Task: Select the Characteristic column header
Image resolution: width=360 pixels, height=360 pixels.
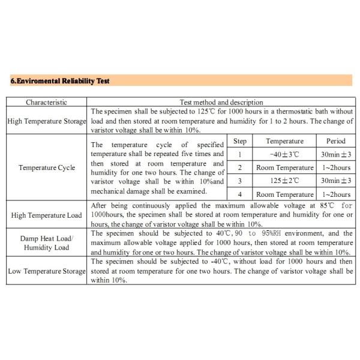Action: click(46, 103)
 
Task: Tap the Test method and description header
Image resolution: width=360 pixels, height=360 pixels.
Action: click(221, 103)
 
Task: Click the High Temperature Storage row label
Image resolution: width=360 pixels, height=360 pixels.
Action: click(47, 121)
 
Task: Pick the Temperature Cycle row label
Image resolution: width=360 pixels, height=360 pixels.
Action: click(47, 167)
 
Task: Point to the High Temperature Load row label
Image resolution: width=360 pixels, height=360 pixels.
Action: click(47, 215)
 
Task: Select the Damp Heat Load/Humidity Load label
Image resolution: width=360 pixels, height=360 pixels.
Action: click(47, 242)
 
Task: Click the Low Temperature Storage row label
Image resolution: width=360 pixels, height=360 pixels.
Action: click(47, 271)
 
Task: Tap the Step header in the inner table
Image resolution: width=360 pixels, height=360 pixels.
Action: click(239, 142)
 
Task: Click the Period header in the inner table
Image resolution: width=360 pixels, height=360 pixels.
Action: click(335, 142)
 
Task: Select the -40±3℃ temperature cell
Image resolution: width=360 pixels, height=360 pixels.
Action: click(284, 154)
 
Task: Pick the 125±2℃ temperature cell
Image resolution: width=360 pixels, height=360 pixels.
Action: click(284, 181)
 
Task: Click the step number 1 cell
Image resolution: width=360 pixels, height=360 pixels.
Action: click(239, 154)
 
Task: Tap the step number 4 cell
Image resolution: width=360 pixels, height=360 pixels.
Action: click(239, 194)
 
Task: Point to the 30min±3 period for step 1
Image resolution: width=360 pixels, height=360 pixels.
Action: click(335, 154)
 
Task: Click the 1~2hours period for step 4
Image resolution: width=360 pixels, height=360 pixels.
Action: click(335, 194)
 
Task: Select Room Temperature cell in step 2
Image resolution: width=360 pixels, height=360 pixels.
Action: click(284, 167)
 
